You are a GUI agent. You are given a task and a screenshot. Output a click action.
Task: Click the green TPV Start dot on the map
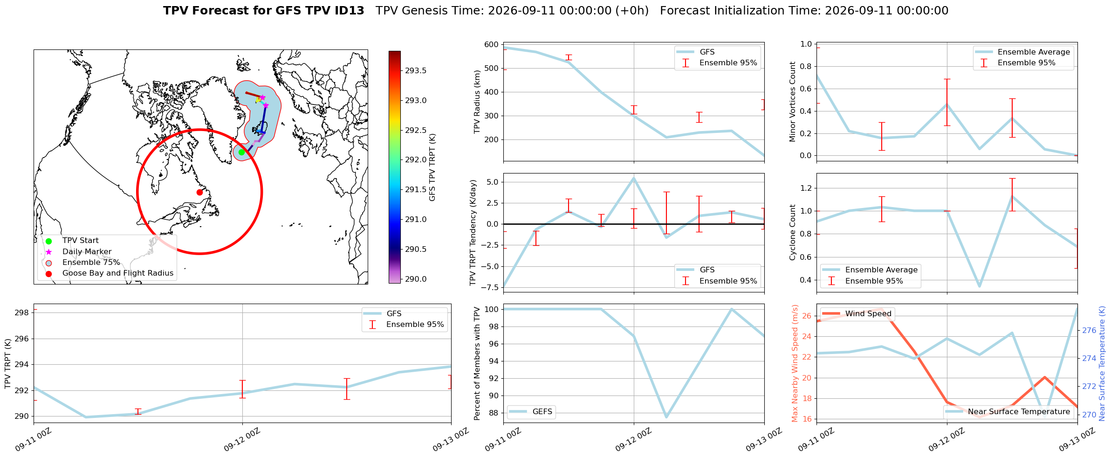click(x=241, y=152)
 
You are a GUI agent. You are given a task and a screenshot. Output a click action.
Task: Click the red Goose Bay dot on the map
click(x=199, y=192)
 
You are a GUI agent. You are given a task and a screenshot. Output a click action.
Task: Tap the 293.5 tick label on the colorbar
click(x=416, y=71)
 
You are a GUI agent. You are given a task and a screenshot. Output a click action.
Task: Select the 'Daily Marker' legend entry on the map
click(x=87, y=252)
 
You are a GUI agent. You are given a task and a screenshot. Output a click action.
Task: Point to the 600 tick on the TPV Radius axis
click(x=492, y=45)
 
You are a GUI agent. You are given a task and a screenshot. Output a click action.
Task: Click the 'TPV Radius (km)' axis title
click(x=477, y=102)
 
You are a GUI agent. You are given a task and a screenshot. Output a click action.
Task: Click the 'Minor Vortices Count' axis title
click(x=792, y=102)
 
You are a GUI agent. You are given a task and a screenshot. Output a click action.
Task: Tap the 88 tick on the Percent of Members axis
click(x=494, y=413)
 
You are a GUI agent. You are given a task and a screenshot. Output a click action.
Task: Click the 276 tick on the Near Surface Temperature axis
click(x=1089, y=330)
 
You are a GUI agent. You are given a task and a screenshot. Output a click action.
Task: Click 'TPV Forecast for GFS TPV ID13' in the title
click(x=264, y=11)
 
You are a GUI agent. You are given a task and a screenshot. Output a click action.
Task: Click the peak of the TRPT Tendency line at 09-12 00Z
click(x=634, y=178)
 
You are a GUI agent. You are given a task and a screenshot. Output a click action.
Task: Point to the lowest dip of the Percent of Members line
click(x=666, y=417)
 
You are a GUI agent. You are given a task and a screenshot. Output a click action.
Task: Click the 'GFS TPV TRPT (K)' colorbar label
click(x=432, y=167)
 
